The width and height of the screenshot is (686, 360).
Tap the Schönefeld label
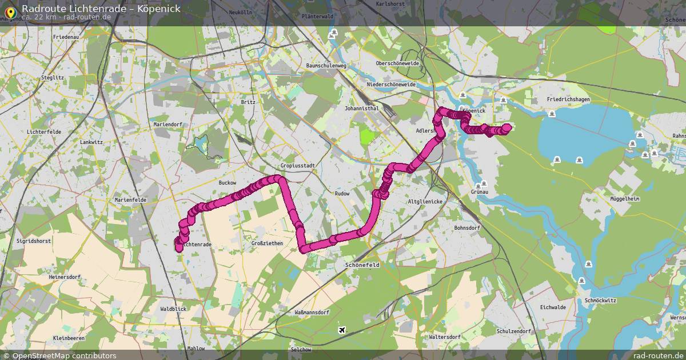click(x=363, y=265)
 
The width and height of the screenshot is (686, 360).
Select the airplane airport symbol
click(x=342, y=330)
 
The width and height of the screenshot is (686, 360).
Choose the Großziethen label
click(x=267, y=243)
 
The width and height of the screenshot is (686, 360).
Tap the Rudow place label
click(x=342, y=194)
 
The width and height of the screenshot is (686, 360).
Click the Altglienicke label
click(x=425, y=202)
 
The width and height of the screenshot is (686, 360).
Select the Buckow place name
click(x=228, y=183)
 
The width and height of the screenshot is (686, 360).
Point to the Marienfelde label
click(x=130, y=200)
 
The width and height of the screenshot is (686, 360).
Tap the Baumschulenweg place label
click(x=326, y=66)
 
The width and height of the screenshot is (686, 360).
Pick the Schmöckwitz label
click(x=600, y=300)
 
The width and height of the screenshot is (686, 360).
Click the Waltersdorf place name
click(x=444, y=337)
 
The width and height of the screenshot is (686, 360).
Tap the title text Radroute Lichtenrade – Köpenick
click(x=101, y=8)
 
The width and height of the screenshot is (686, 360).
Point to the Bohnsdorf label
click(x=466, y=227)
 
